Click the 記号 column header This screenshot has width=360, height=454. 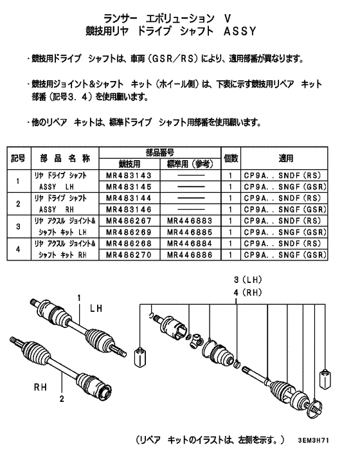(x=19, y=158)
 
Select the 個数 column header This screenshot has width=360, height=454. (x=231, y=158)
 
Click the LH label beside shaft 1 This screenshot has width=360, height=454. (x=97, y=309)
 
